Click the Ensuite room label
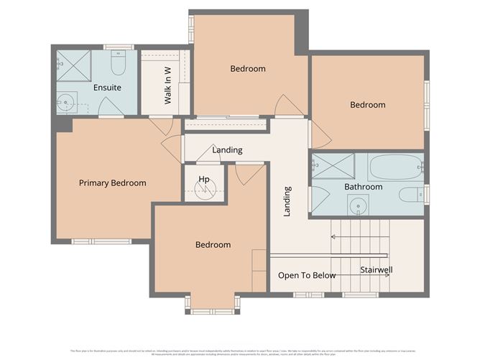107,88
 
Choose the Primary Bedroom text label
112,183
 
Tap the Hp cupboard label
204,179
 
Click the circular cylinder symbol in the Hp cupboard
205,190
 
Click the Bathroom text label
363,187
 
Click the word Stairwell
377,270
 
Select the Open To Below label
307,275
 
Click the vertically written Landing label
287,202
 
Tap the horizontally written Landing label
227,150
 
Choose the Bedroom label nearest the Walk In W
248,69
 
